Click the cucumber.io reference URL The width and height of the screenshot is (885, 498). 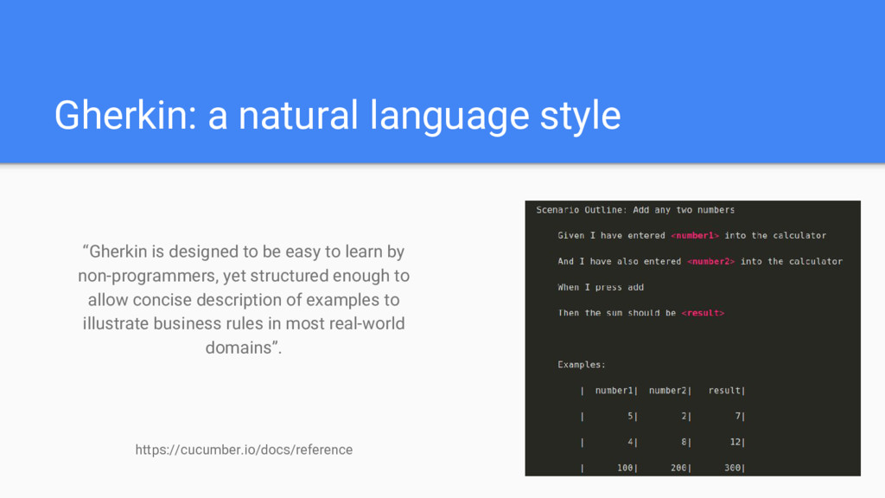tap(244, 450)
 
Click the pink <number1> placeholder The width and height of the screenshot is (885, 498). tap(695, 235)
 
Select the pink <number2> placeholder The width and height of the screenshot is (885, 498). tap(710, 261)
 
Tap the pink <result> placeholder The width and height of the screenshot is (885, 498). tap(703, 313)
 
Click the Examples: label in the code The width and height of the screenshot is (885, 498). tap(582, 365)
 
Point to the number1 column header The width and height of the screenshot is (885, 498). tap(614, 390)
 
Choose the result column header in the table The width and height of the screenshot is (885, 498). tap(724, 390)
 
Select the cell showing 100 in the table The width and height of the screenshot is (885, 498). tap(625, 468)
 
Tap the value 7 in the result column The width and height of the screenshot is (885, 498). tap(738, 416)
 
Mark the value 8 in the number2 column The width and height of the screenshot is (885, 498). tap(684, 442)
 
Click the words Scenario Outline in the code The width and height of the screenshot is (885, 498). tap(579, 210)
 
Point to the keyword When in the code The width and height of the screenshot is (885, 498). tap(569, 287)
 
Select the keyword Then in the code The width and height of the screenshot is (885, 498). tap(569, 313)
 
